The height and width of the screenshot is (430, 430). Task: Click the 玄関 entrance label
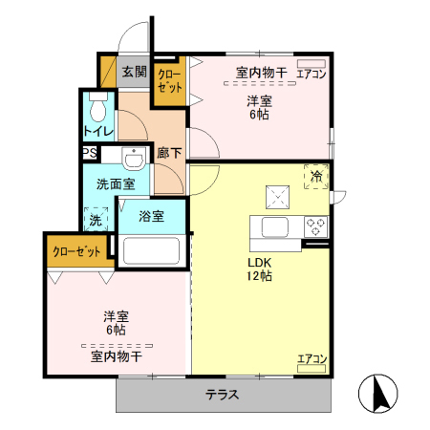click(134, 71)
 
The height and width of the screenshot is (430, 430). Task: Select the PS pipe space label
click(88, 153)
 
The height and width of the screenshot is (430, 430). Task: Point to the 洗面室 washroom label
click(102, 183)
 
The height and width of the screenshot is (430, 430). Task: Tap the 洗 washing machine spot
click(96, 220)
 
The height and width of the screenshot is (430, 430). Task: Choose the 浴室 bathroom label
click(151, 216)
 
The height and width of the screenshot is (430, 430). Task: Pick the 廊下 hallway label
click(169, 150)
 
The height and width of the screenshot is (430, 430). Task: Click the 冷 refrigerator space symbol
click(316, 176)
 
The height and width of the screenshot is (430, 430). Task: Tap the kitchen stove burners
click(316, 226)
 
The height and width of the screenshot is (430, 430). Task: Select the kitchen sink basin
click(274, 227)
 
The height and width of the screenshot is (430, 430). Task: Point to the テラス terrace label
click(222, 394)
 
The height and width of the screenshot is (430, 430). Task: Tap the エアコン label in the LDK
click(312, 359)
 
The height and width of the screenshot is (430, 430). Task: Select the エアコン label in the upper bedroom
click(312, 74)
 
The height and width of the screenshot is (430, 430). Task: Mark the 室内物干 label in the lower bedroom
click(117, 356)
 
